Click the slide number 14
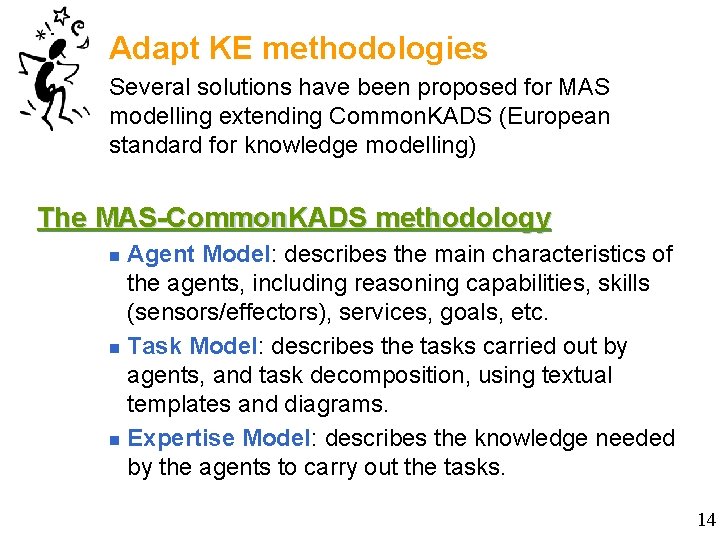[x=706, y=520]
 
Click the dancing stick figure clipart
[x=55, y=70]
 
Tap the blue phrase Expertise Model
[x=220, y=439]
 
